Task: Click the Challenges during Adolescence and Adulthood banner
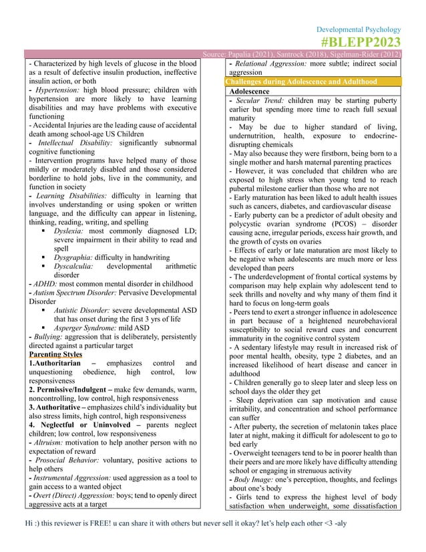click(301, 82)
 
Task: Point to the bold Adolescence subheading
click(249, 91)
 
